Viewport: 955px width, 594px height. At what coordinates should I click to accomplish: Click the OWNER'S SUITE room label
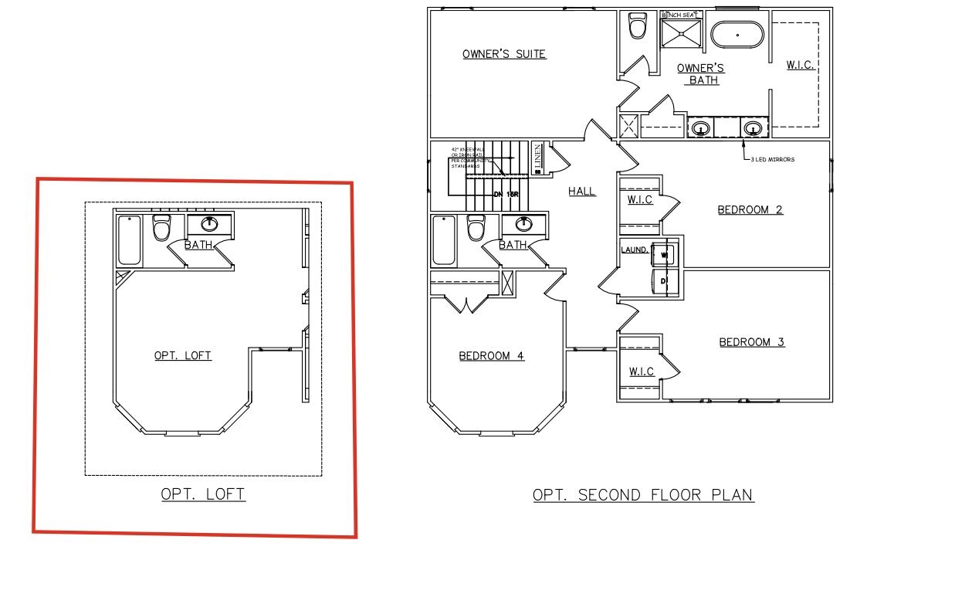click(504, 54)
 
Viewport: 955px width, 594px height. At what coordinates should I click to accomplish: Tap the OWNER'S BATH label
click(701, 74)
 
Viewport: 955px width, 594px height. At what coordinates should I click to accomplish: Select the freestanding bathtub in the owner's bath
click(737, 36)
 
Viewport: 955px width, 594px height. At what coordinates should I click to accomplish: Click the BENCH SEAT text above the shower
click(679, 15)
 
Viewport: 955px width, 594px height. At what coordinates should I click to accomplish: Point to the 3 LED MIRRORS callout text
click(772, 159)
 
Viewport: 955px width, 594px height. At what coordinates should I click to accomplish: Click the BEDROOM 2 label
click(750, 209)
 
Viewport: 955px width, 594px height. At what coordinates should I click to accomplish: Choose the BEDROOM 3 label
click(752, 342)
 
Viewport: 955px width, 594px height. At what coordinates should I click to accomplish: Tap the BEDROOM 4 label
click(492, 356)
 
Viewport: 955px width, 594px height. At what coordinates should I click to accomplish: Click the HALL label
click(582, 192)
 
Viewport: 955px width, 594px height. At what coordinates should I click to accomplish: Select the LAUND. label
click(635, 249)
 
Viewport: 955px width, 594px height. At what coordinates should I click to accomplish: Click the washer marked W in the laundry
click(664, 254)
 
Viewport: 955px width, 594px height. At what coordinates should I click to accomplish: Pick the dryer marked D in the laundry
click(664, 282)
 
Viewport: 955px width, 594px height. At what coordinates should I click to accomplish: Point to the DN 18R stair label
click(506, 194)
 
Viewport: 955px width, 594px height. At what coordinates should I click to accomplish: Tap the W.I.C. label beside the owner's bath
click(801, 66)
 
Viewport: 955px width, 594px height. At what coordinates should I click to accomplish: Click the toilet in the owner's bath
click(638, 27)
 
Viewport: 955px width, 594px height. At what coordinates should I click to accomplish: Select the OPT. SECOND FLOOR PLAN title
click(643, 495)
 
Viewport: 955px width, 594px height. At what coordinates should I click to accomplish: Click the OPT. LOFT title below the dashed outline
click(203, 494)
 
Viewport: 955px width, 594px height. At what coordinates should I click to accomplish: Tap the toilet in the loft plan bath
click(161, 229)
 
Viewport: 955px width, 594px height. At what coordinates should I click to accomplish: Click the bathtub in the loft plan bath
click(129, 240)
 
